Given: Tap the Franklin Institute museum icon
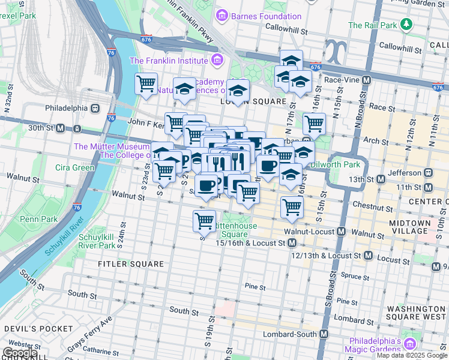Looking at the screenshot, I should [216, 60].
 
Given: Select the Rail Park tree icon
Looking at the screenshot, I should [408, 25].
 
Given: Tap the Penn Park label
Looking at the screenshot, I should [38, 219].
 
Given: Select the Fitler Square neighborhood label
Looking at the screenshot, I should [131, 263].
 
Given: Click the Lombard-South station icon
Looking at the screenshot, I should [324, 334].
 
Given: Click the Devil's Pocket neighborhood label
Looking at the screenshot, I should [31, 329].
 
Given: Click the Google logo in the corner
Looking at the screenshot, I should [20, 353].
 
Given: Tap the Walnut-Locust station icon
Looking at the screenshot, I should [341, 232].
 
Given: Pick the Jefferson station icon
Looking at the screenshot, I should [428, 172].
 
